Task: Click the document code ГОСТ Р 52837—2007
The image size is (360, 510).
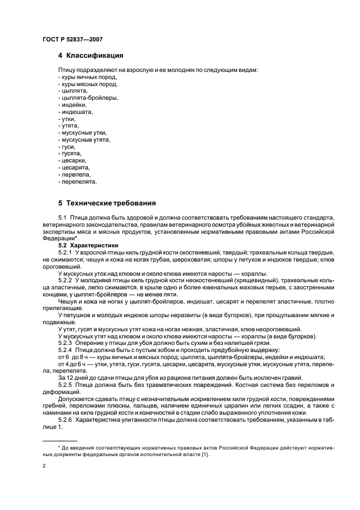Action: tap(72, 39)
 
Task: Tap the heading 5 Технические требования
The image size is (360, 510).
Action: tap(107, 203)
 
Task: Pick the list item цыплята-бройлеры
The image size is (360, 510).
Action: tap(87, 98)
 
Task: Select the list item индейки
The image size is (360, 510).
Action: tap(73, 105)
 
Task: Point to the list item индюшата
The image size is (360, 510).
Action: tap(76, 112)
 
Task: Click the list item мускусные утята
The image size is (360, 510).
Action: tap(84, 139)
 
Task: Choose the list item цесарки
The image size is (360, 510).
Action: tap(74, 161)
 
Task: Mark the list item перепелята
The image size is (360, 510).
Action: tap(78, 181)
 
